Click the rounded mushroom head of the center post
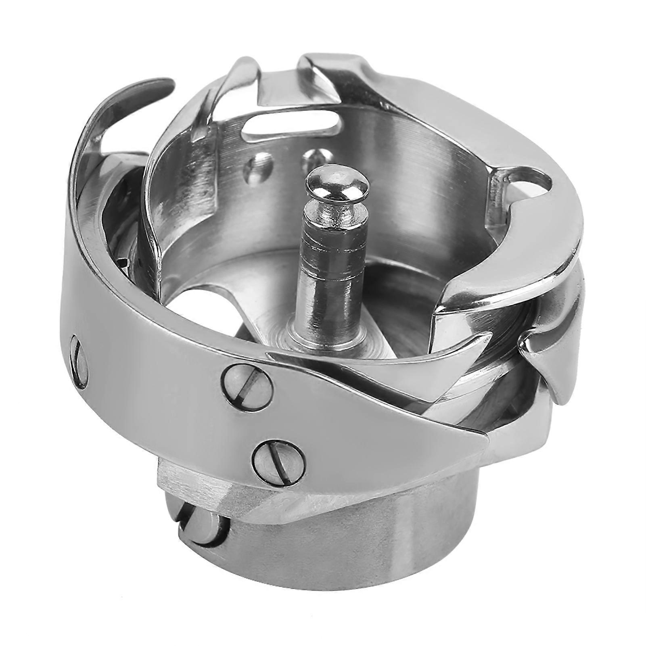click(337, 184)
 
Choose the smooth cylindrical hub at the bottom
click(363, 565)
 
